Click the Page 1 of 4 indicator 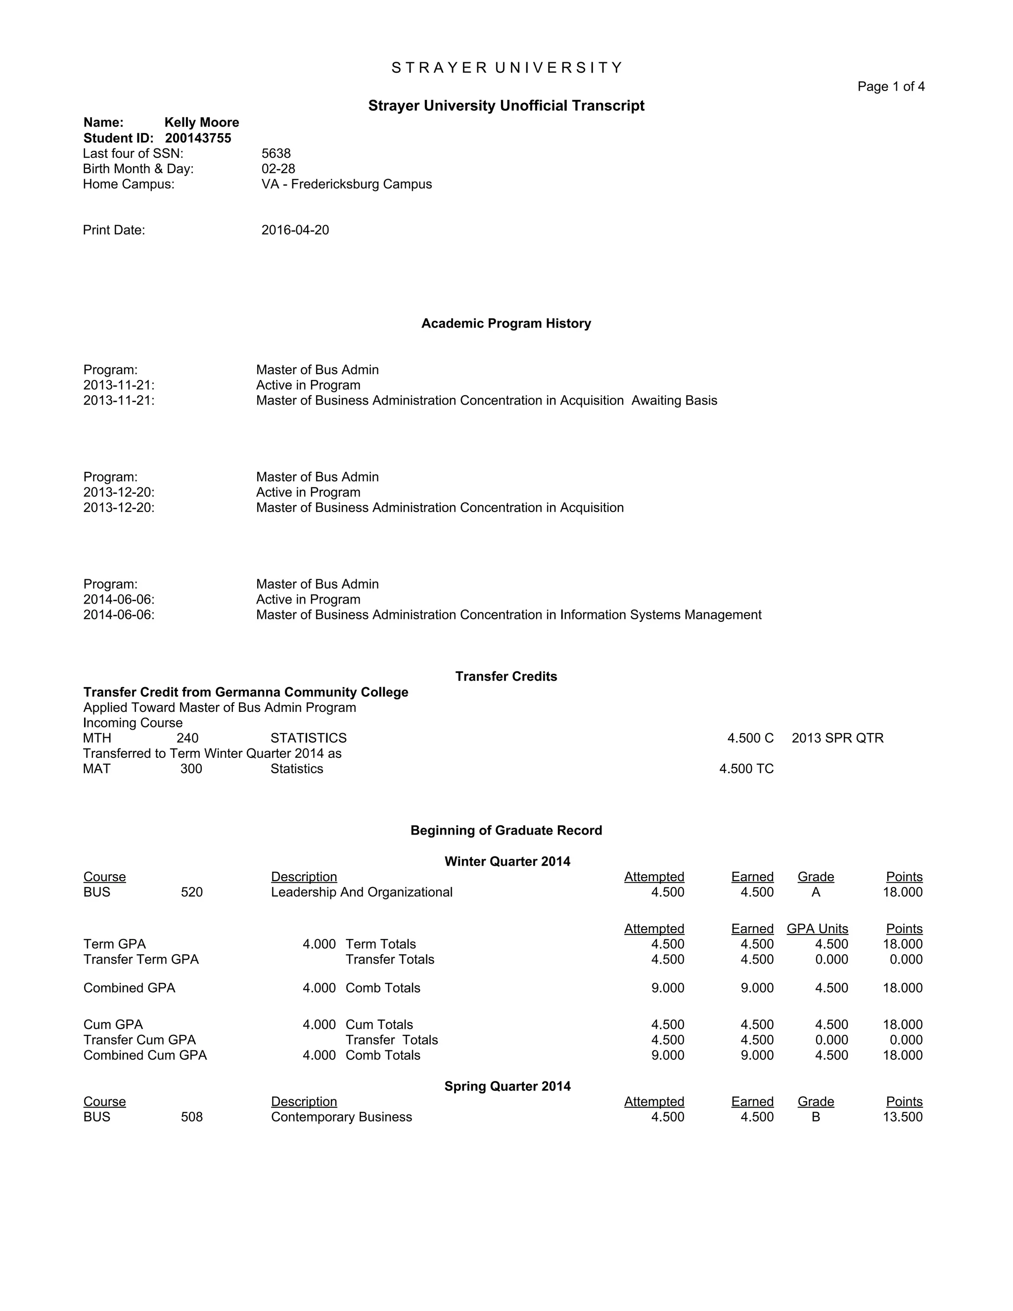890,87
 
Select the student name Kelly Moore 202,123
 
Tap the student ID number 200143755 198,138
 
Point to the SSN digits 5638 276,154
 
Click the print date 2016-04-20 295,231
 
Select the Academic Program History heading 506,324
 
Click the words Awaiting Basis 674,400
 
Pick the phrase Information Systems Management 660,614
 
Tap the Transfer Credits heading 506,676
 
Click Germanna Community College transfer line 245,692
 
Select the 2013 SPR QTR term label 837,738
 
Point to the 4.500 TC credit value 746,769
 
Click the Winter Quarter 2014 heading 507,861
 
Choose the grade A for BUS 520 816,892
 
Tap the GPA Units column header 817,929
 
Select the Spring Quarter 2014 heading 507,1086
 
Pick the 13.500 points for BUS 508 902,1117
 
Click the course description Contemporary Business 341,1117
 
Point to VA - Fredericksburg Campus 346,185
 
